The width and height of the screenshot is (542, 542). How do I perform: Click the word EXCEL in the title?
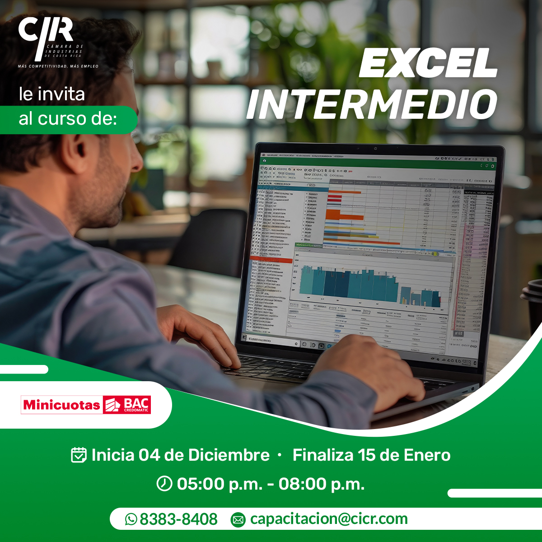(428, 64)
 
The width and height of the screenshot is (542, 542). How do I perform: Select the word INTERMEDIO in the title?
(371, 104)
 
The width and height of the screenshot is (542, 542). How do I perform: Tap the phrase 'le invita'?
(52, 94)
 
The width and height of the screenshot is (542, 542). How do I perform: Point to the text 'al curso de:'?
(68, 119)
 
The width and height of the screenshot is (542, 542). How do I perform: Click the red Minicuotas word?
(61, 405)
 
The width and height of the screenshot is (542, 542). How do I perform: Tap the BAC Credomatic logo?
(127, 405)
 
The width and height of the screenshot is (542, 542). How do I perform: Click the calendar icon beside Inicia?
(79, 455)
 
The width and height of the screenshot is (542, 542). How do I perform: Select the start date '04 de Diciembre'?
(204, 455)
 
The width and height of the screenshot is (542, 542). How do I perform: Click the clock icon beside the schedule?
(164, 484)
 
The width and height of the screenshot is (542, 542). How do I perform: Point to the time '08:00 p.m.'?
(321, 484)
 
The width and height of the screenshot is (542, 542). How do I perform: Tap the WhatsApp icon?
(131, 519)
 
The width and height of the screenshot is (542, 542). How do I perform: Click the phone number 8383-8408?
(178, 519)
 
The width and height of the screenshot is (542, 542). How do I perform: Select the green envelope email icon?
(238, 520)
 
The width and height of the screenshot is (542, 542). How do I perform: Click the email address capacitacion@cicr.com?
(329, 519)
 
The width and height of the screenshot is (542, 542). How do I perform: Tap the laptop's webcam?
(375, 149)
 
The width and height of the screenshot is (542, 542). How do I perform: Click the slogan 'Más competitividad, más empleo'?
(58, 66)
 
